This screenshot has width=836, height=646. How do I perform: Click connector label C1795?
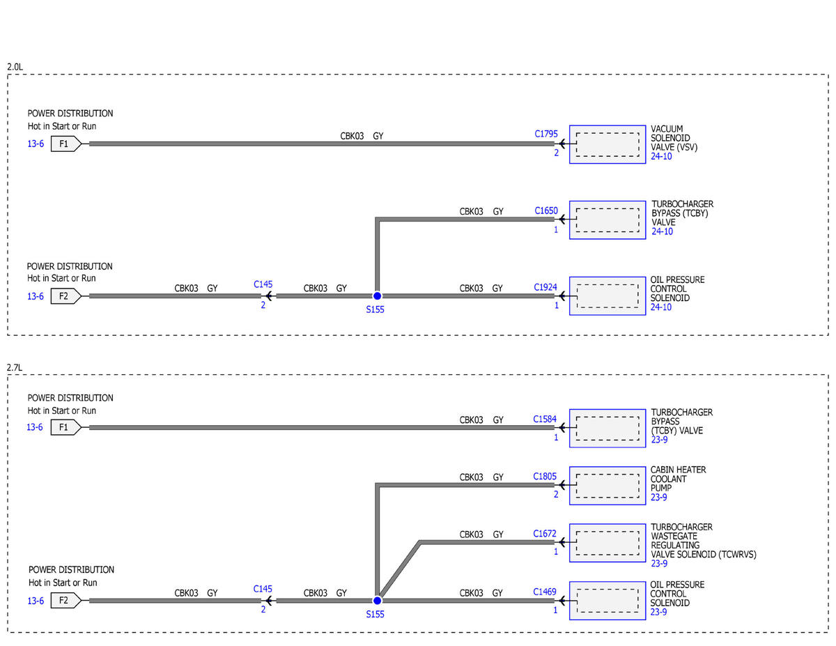pos(545,134)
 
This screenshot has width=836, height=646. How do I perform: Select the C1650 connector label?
pos(545,211)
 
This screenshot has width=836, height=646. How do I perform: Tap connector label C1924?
pos(545,287)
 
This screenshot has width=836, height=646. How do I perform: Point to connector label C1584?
pos(544,419)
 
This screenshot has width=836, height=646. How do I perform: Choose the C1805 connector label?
pos(544,477)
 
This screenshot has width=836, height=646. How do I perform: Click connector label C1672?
pos(544,534)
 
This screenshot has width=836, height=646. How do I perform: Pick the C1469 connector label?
pos(544,592)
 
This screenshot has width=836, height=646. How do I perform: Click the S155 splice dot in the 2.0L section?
pos(377,296)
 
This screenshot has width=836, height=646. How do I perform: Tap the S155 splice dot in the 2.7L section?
pos(377,601)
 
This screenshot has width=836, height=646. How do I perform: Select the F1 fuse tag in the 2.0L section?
pos(66,144)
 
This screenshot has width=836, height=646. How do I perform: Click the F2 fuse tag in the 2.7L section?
pos(66,601)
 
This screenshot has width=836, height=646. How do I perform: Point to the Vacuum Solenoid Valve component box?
pos(607,144)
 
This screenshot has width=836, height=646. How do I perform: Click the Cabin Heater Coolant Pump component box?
pos(607,486)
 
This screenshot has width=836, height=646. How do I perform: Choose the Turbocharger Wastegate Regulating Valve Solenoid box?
pos(607,543)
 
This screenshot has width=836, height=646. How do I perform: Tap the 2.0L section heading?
pos(15,67)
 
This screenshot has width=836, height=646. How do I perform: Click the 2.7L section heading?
pos(15,367)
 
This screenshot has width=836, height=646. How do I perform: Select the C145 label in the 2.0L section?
pos(263,284)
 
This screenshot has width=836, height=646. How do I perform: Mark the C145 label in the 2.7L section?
pos(263,589)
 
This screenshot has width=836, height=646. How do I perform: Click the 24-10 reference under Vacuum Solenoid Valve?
pos(661,157)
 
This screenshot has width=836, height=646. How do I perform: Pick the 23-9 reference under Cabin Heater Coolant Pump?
pos(658,498)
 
